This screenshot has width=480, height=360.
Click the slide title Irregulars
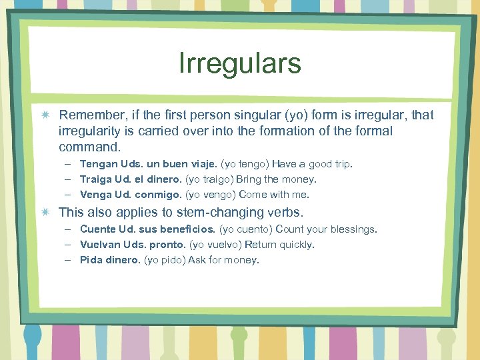pos(240,64)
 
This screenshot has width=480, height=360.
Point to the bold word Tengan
pos(99,164)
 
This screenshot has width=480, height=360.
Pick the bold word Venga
pos(96,195)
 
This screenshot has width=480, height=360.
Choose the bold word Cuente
pos(98,229)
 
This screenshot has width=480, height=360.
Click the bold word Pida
pos(91,260)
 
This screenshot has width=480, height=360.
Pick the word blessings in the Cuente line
pos(351,229)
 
